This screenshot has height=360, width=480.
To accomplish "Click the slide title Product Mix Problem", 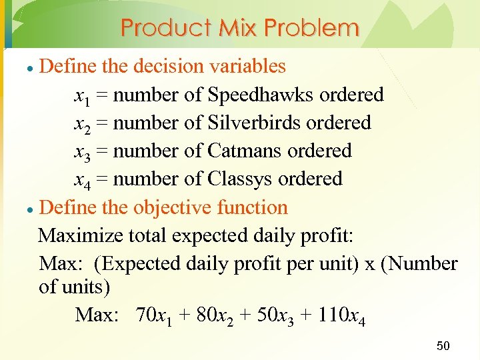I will point(240,28).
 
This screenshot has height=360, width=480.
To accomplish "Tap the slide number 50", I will point(443,345).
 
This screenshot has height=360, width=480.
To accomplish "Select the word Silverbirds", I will point(253,123).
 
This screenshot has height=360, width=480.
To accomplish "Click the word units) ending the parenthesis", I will point(84,288).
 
